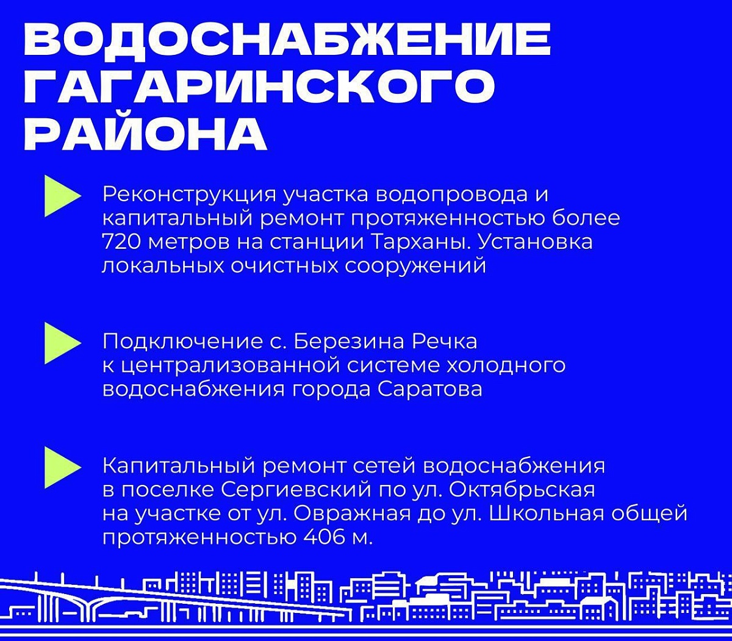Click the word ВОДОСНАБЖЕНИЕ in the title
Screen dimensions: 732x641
(287, 39)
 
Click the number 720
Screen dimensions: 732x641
(122, 242)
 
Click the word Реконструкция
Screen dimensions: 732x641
(190, 196)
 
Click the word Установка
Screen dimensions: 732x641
(535, 242)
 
